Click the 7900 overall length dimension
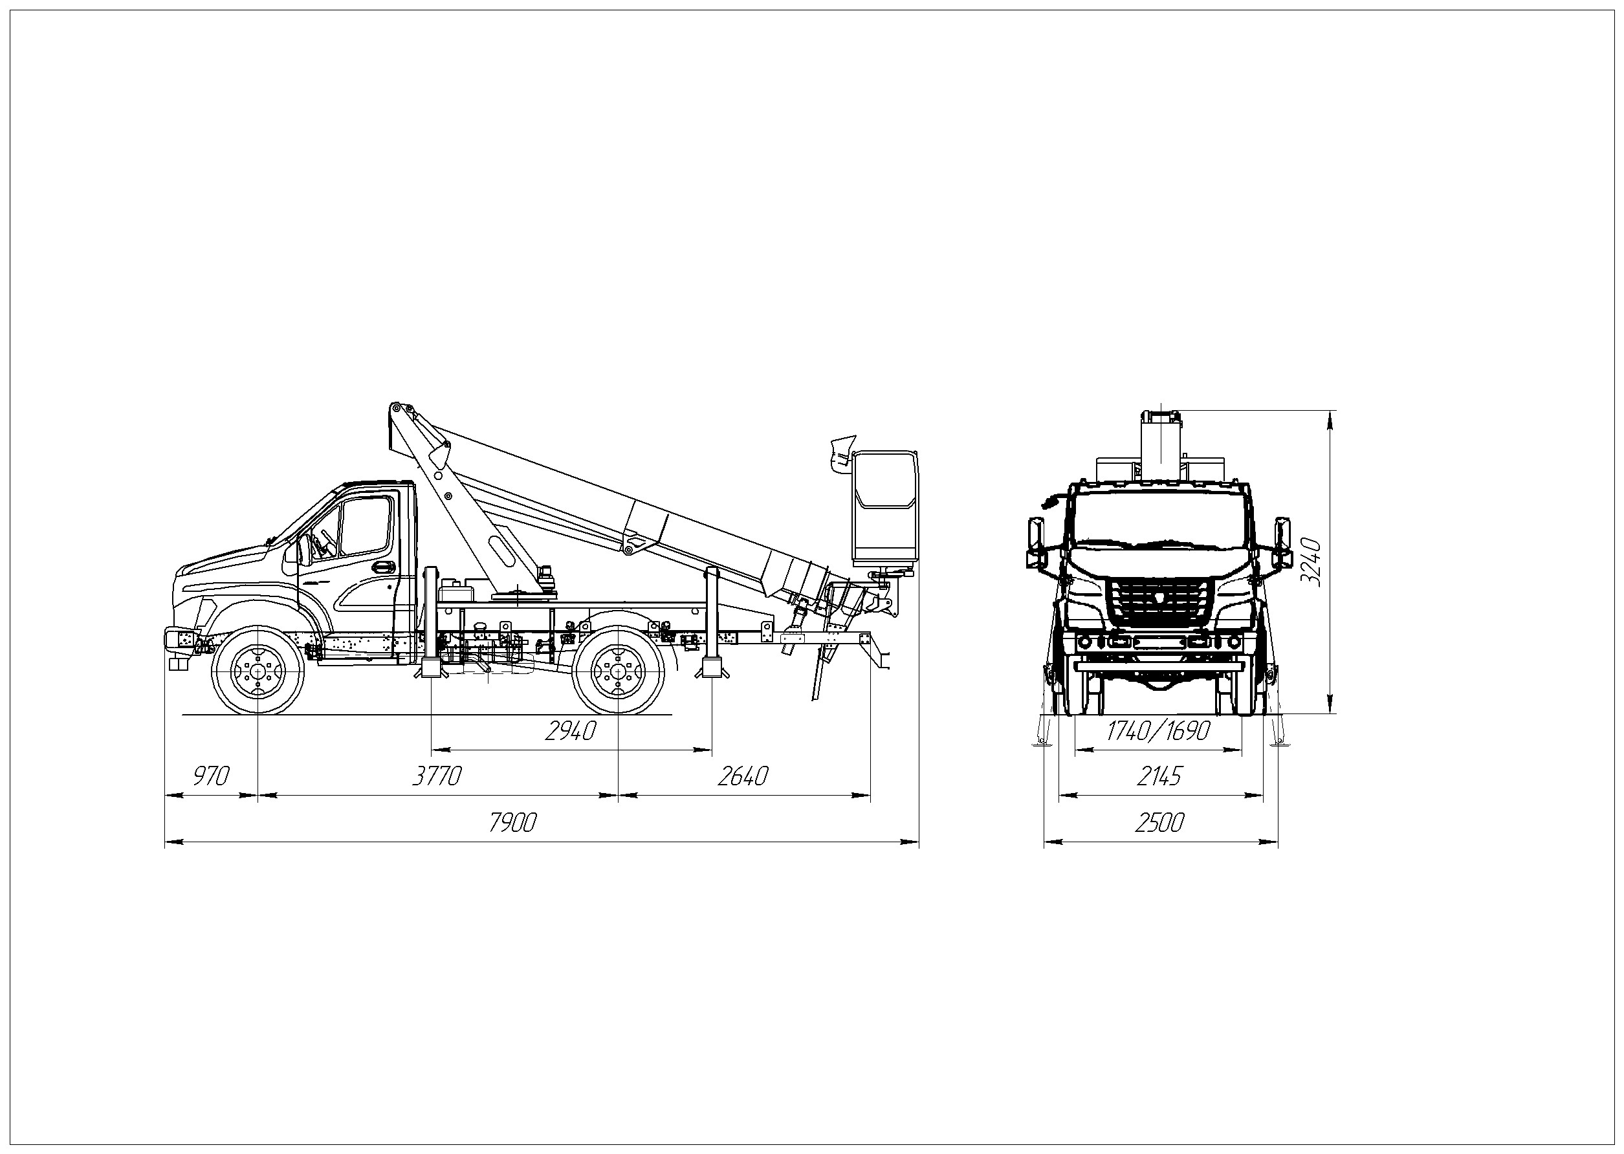click(x=512, y=823)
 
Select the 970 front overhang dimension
click(x=211, y=776)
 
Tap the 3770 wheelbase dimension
click(x=438, y=776)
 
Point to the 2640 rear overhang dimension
click(x=743, y=776)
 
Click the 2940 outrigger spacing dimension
click(x=570, y=730)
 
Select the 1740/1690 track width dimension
click(x=1158, y=730)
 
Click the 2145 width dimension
click(x=1159, y=776)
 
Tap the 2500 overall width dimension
click(x=1159, y=823)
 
